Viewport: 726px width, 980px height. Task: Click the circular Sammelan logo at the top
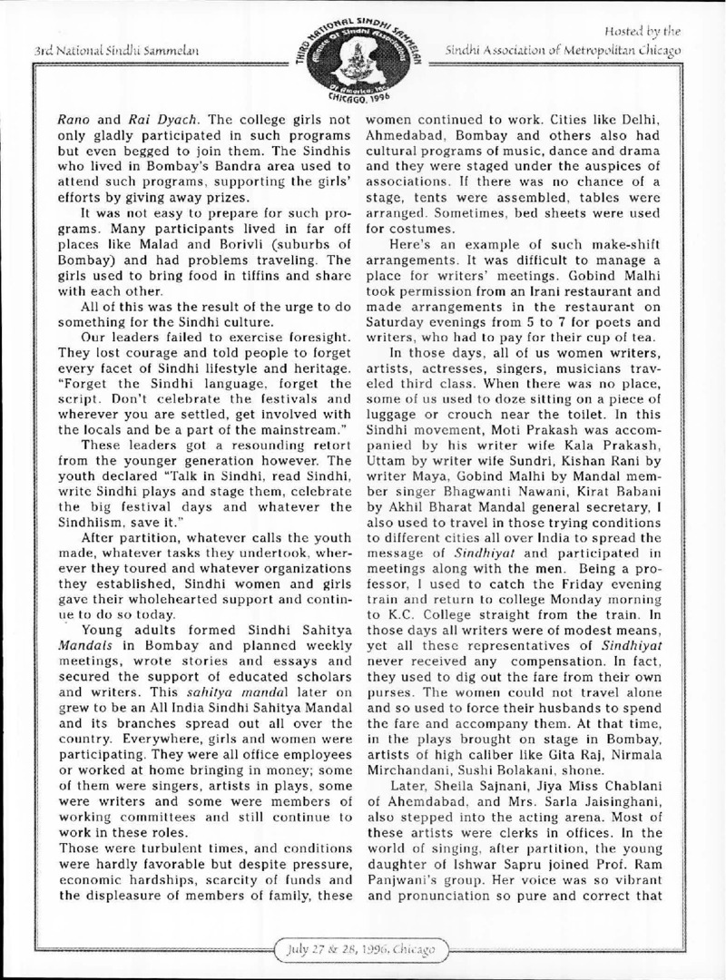point(362,54)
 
